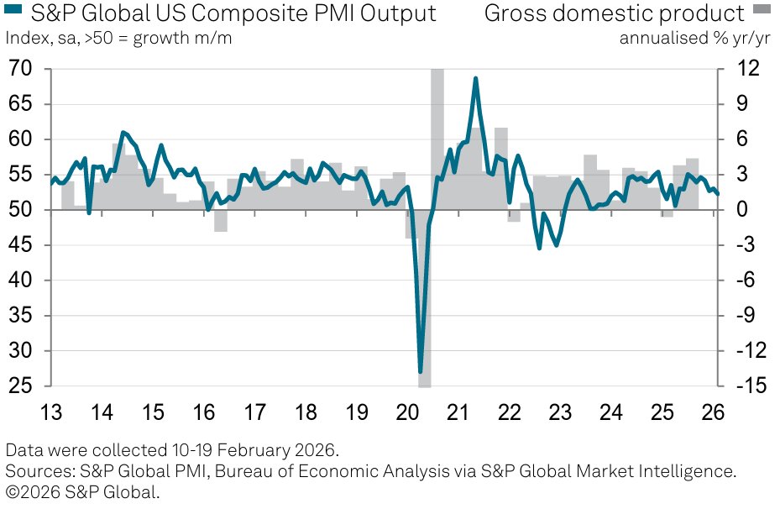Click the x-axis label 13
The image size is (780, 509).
tap(51, 413)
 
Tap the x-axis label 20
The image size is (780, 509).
tap(406, 413)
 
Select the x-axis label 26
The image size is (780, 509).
tap(712, 413)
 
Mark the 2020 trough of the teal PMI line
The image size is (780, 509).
tap(421, 370)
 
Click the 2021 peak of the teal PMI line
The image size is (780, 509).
tap(476, 78)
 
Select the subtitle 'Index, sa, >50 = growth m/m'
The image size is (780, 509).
tap(119, 38)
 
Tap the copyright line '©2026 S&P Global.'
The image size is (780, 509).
tap(82, 492)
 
